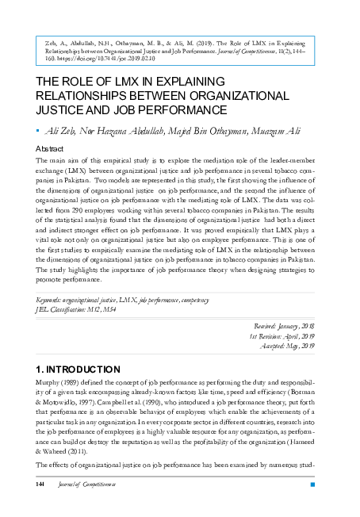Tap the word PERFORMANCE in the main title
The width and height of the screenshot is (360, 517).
coord(182,109)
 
